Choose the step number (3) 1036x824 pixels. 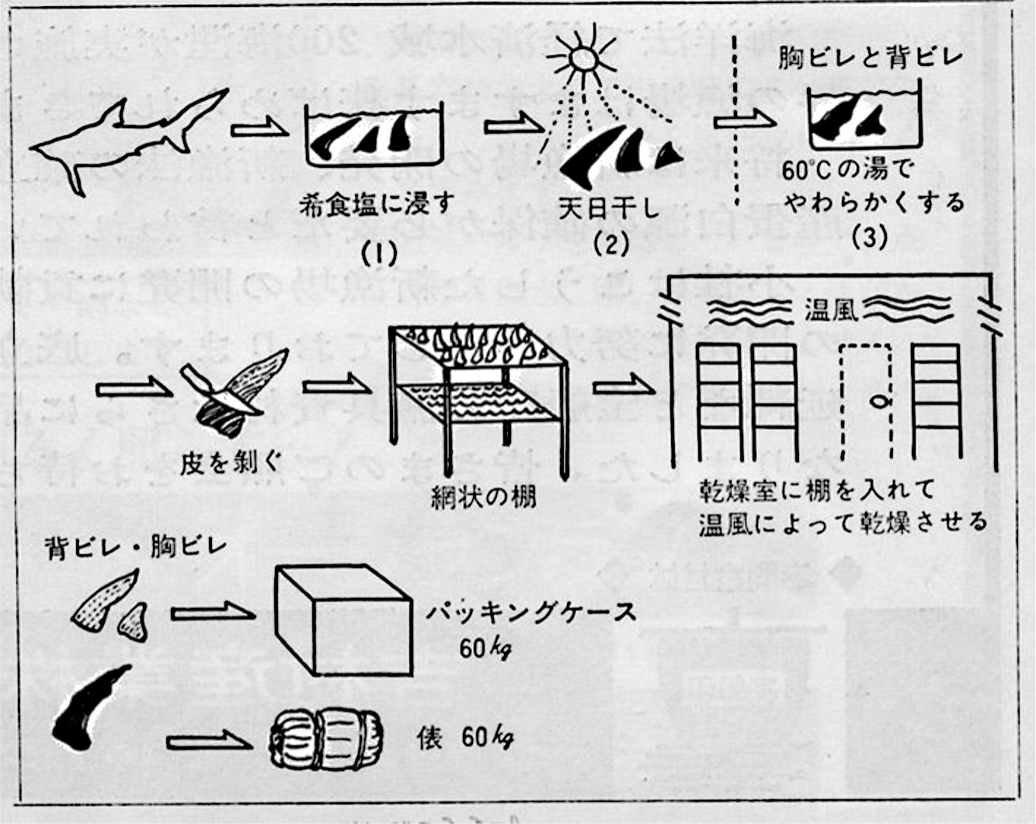click(869, 238)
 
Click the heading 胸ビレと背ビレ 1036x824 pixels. click(871, 57)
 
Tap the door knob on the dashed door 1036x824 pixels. click(878, 402)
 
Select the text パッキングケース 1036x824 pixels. click(530, 613)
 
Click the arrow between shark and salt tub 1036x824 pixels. click(257, 127)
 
